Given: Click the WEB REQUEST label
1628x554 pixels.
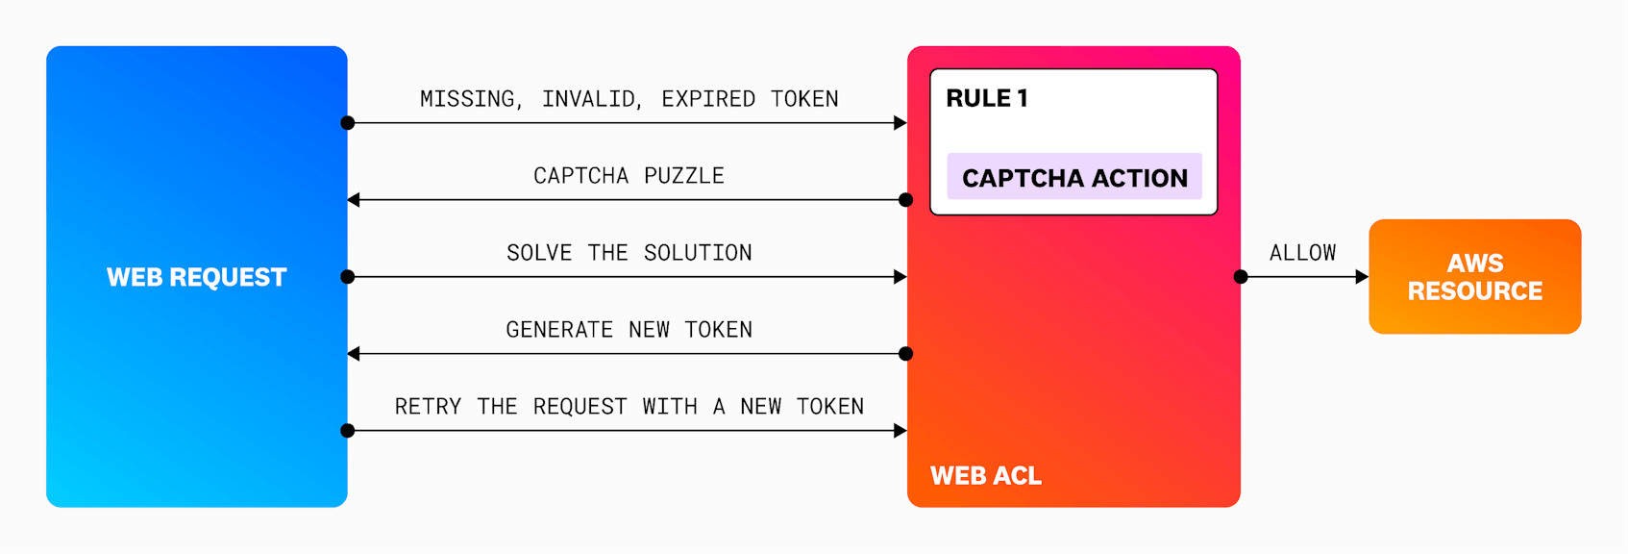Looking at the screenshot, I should tap(196, 277).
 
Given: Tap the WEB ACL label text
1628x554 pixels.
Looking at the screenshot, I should tap(985, 475).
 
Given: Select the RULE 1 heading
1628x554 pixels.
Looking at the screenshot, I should tap(987, 98).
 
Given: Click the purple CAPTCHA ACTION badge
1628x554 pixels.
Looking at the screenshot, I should tap(1074, 177).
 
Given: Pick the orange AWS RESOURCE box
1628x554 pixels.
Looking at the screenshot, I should tap(1474, 277).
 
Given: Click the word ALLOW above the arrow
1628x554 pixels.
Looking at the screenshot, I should tap(1302, 253).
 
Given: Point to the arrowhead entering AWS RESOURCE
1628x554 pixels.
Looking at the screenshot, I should tap(1362, 277).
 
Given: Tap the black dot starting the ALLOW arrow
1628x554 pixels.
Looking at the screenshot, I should tap(1241, 277).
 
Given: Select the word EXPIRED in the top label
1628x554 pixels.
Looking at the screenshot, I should tap(708, 99).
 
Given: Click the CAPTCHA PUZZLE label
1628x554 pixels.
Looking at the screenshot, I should tap(629, 176).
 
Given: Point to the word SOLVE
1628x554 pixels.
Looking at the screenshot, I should tap(538, 253).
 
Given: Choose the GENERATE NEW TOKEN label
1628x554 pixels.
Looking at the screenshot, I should tap(629, 330).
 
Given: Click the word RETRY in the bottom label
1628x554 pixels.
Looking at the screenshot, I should tap(428, 407).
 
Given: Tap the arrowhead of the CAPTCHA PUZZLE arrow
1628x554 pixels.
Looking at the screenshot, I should tap(354, 200).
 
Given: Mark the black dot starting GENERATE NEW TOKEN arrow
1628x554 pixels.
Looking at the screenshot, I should tap(905, 354).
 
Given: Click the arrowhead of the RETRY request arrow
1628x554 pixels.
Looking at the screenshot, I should tap(900, 431).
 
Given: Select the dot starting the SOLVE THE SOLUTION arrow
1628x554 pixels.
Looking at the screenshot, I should tap(348, 277).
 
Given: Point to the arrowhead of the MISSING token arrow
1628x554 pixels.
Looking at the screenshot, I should tap(900, 123).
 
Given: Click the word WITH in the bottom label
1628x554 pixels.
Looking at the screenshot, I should tap(670, 407).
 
